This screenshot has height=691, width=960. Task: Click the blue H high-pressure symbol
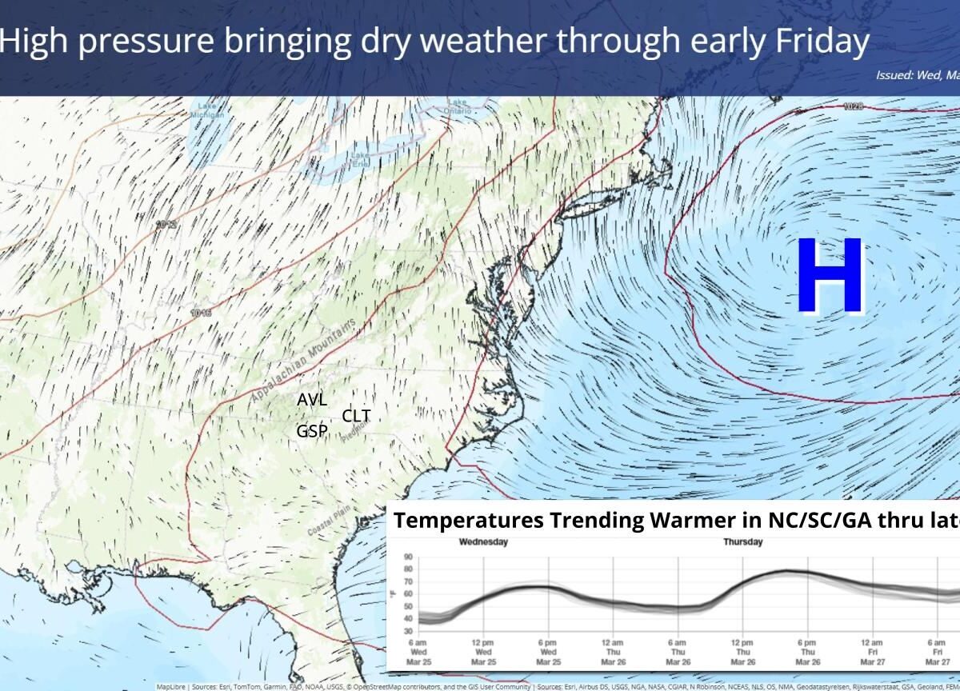click(x=830, y=276)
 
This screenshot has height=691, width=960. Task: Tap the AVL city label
click(x=312, y=400)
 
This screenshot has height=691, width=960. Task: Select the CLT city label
click(x=356, y=416)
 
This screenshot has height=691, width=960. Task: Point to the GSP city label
click(x=312, y=431)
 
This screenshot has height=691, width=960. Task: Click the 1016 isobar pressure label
click(x=202, y=313)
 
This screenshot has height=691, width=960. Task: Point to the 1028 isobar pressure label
click(x=854, y=106)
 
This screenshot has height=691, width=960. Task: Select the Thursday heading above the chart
click(x=743, y=542)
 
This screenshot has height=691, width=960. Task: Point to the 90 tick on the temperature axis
click(x=408, y=557)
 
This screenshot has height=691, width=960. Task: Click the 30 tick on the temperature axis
click(x=408, y=631)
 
